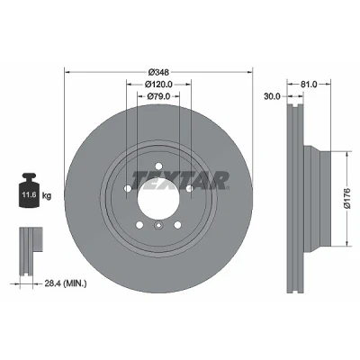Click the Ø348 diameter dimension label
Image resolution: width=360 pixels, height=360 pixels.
[159, 72]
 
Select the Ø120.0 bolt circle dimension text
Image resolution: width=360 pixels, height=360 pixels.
[158, 85]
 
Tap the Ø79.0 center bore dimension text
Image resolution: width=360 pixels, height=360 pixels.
[159, 96]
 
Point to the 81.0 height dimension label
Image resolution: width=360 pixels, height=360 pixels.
[309, 85]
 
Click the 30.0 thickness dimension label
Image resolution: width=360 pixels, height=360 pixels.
[272, 96]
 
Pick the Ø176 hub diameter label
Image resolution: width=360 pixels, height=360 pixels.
[347, 198]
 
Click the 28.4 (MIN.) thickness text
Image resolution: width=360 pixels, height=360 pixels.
[66, 283]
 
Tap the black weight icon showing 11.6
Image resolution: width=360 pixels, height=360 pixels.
[29, 190]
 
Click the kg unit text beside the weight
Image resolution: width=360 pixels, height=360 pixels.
[47, 196]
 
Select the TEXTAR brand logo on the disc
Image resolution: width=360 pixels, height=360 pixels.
[180, 181]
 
